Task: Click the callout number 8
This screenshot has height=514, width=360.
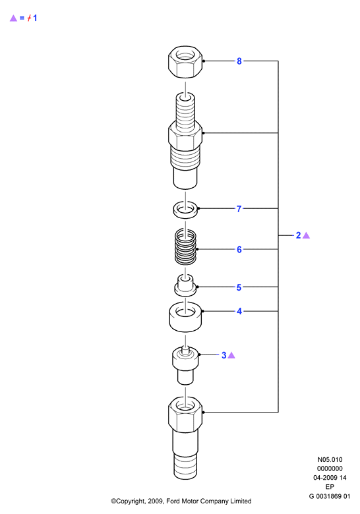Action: [x=239, y=61]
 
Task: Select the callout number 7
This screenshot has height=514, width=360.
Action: [x=239, y=208]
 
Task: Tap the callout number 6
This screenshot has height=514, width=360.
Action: [x=239, y=250]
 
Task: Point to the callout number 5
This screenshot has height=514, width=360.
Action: [x=239, y=287]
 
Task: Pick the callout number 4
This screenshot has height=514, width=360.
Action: [x=239, y=311]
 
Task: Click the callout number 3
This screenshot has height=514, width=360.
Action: [x=224, y=355]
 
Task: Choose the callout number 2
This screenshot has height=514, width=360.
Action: [x=299, y=235]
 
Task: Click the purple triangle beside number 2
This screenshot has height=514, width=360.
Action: [x=306, y=235]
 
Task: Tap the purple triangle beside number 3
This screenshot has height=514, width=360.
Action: [x=231, y=355]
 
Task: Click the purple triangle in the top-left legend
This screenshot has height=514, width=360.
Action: [x=13, y=18]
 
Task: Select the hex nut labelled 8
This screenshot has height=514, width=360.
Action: [x=185, y=61]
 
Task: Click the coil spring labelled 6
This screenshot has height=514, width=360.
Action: [x=185, y=246]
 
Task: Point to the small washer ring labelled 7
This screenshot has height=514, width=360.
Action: [x=185, y=210]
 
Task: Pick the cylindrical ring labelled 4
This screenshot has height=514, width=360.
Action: [x=185, y=317]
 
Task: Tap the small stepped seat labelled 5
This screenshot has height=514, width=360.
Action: [x=185, y=285]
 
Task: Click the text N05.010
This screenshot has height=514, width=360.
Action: [x=330, y=459]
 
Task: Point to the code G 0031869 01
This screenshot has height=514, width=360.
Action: [x=330, y=496]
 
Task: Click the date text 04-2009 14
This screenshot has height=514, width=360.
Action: [x=330, y=478]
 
